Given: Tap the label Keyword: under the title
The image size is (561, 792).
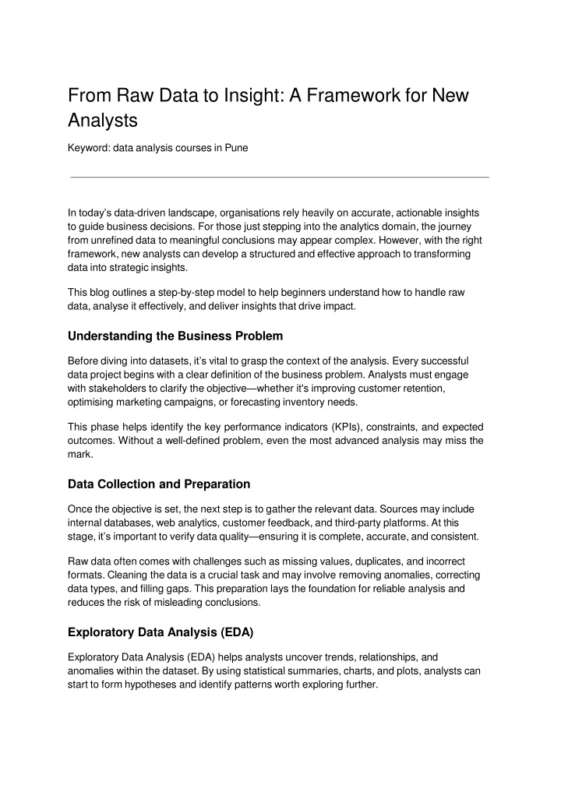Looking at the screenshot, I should pyautogui.click(x=89, y=148).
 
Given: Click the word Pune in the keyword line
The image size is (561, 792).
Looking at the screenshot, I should pyautogui.click(x=237, y=148).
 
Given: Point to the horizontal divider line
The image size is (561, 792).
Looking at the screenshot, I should pyautogui.click(x=280, y=178).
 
